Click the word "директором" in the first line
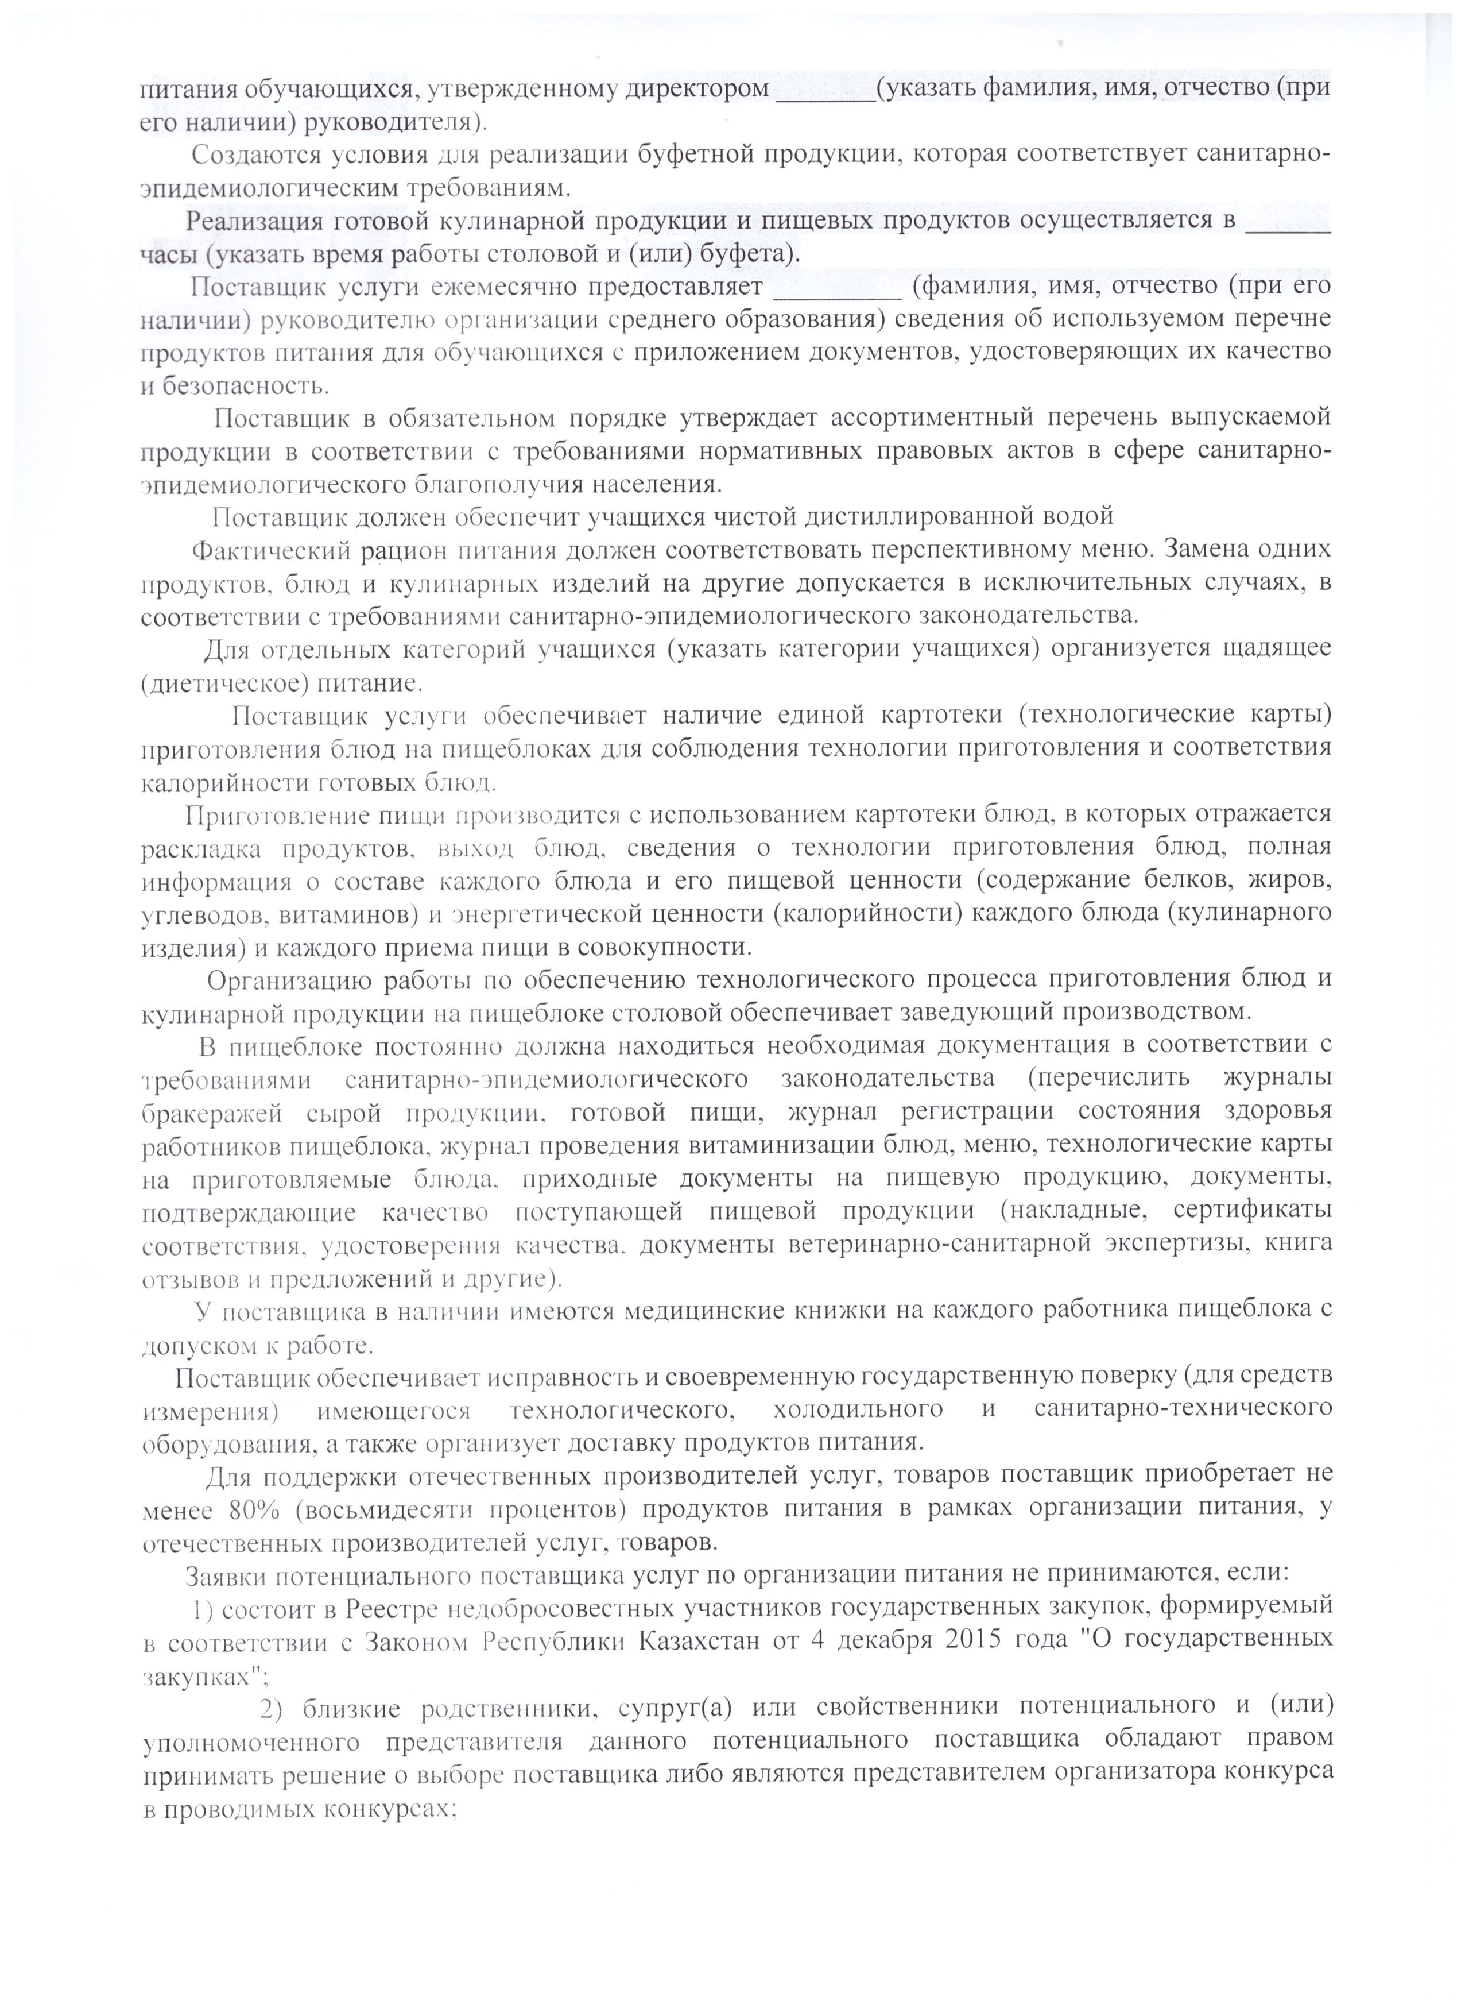697,89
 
